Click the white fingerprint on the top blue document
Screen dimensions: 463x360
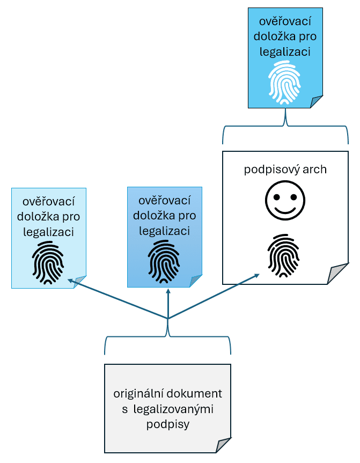pyautogui.click(x=285, y=82)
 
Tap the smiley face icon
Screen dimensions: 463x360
pyautogui.click(x=285, y=202)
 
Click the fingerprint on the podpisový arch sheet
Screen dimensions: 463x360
pyautogui.click(x=284, y=254)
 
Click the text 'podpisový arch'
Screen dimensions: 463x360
pyautogui.click(x=285, y=170)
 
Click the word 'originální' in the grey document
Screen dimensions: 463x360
pyautogui.click(x=137, y=394)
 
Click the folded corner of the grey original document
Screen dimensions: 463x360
pyautogui.click(x=224, y=446)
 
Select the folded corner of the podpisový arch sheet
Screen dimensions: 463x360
pyautogui.click(x=336, y=275)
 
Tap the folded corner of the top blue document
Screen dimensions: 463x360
pyautogui.click(x=316, y=101)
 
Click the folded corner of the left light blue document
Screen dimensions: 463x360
pyautogui.click(x=80, y=281)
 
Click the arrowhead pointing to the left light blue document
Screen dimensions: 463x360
pyautogui.click(x=69, y=280)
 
